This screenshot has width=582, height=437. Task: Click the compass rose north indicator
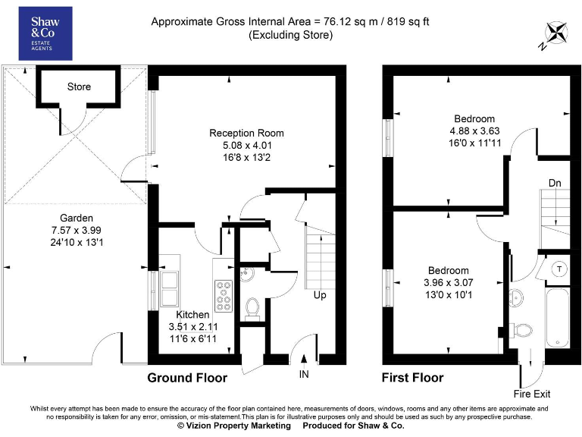pyautogui.click(x=555, y=35)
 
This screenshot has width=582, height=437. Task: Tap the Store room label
pyautogui.click(x=79, y=86)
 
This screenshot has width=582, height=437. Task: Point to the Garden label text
pyautogui.click(x=77, y=217)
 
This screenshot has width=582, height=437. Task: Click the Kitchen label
pyautogui.click(x=192, y=314)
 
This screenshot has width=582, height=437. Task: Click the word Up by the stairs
pyautogui.click(x=320, y=294)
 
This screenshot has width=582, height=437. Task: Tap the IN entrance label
pyautogui.click(x=304, y=373)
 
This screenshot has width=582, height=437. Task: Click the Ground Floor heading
pyautogui.click(x=187, y=377)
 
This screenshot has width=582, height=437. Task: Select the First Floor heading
pyautogui.click(x=413, y=377)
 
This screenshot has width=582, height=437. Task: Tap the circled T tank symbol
pyautogui.click(x=559, y=269)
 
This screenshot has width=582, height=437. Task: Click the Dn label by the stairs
pyautogui.click(x=555, y=182)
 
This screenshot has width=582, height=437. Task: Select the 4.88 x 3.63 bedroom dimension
pyautogui.click(x=474, y=130)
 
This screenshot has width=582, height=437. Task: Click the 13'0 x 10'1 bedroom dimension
pyautogui.click(x=448, y=294)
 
